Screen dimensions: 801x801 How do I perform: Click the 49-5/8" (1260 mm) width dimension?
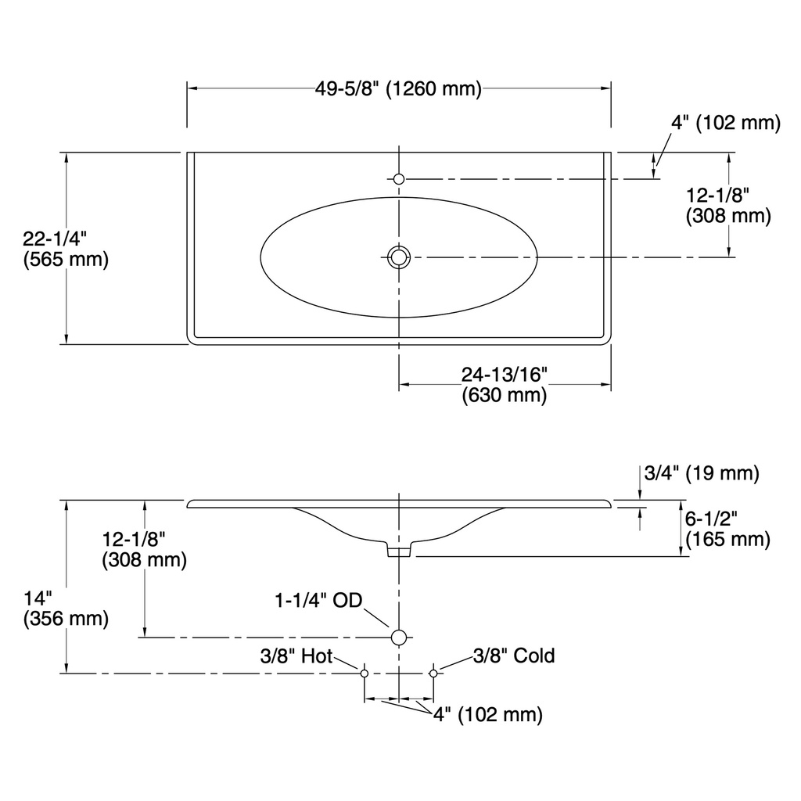[x=398, y=89]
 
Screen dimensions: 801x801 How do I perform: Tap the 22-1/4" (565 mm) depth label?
[x=66, y=250]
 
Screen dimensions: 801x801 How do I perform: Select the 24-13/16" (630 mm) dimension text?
[x=505, y=385]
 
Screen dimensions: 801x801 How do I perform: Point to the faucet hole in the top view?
[x=399, y=179]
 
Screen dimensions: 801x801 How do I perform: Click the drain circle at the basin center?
[x=399, y=257]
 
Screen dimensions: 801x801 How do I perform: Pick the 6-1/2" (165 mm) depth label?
[x=728, y=530]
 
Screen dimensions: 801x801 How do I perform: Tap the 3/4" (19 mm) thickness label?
[x=702, y=473]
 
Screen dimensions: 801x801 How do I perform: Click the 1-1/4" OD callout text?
[x=319, y=600]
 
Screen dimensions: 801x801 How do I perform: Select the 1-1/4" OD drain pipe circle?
[x=399, y=638]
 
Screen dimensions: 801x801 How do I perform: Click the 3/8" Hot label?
[x=296, y=656]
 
